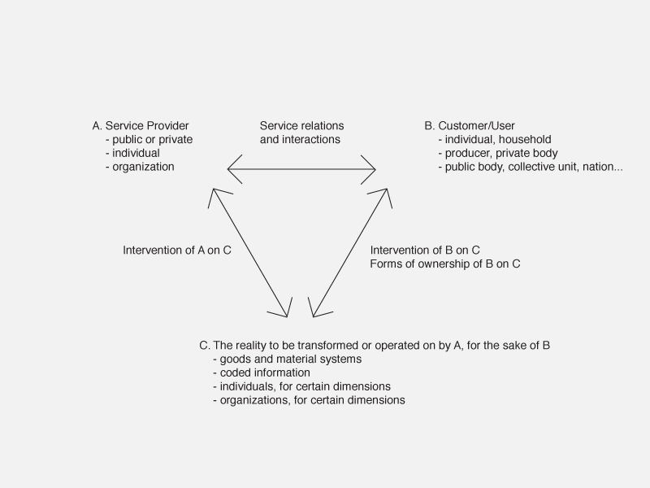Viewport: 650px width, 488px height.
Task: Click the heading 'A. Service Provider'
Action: (x=141, y=126)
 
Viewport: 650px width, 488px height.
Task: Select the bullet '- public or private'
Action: (x=149, y=139)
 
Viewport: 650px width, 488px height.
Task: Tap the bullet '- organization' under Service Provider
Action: (x=140, y=167)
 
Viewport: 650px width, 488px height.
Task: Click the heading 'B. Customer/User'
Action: (x=470, y=126)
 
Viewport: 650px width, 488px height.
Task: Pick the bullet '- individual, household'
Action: (x=495, y=139)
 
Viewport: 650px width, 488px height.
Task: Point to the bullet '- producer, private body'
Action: (x=498, y=153)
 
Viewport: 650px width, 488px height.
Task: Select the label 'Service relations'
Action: (x=301, y=126)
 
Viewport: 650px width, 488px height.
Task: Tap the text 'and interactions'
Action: (x=300, y=139)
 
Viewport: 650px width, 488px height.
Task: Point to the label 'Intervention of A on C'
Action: (x=177, y=251)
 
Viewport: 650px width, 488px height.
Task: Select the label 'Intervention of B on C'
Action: (x=425, y=251)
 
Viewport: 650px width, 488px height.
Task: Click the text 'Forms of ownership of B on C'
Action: (x=445, y=264)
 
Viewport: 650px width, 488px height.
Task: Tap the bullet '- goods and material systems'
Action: (x=288, y=359)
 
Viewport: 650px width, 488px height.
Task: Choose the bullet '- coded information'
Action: (x=262, y=373)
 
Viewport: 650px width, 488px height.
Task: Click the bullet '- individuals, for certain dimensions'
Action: (x=301, y=386)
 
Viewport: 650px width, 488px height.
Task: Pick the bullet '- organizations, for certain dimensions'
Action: (x=310, y=400)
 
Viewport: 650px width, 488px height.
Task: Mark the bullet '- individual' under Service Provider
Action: (x=132, y=153)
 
